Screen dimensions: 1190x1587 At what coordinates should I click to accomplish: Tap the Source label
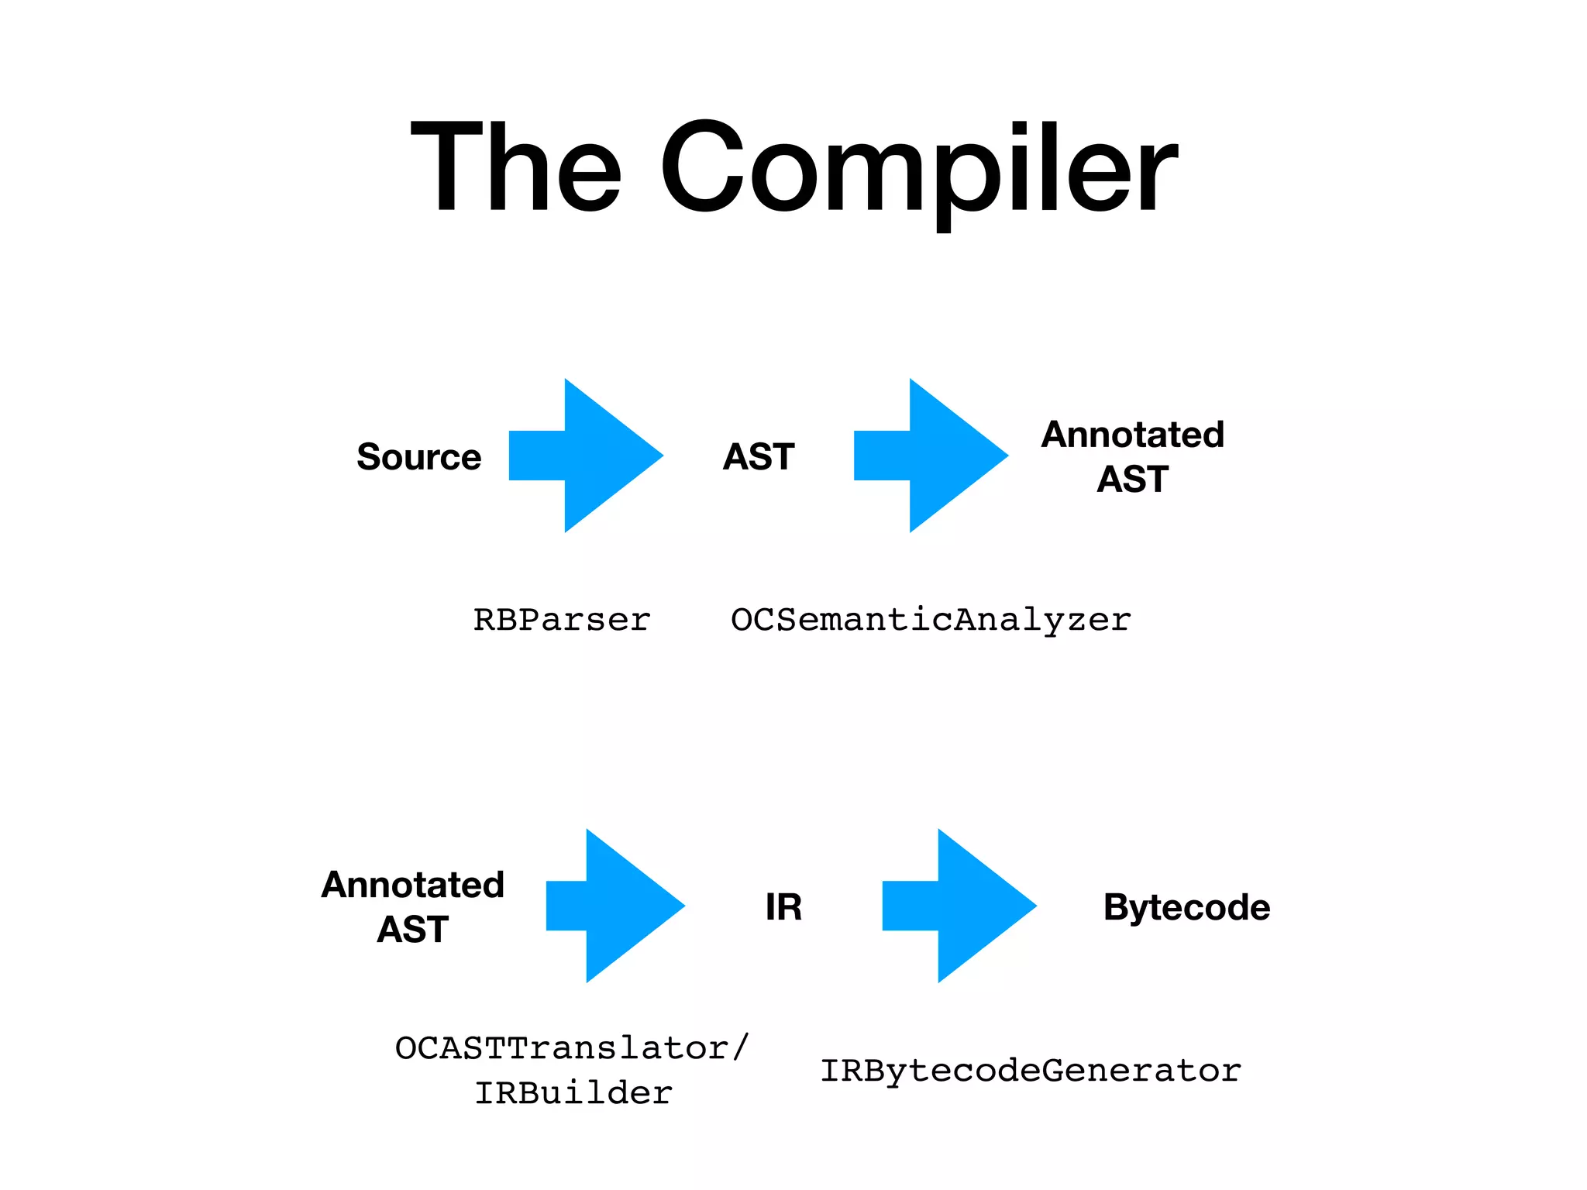pos(418,456)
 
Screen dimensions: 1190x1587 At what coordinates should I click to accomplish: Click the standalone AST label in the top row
pos(759,456)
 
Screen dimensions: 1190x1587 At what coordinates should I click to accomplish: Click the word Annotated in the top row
pos(1132,435)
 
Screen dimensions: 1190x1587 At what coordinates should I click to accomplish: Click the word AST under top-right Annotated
pos(1132,480)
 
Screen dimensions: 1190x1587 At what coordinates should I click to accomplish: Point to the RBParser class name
pos(562,620)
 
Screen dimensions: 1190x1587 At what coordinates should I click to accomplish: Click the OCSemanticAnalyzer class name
pos(931,620)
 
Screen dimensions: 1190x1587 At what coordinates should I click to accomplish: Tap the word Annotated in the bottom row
pos(413,885)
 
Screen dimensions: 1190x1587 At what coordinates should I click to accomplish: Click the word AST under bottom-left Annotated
pos(413,930)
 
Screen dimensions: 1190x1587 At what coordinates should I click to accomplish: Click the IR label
pos(783,906)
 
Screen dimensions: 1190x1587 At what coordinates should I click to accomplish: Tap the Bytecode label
pos(1186,907)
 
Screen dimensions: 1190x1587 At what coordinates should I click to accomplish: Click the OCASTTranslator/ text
pos(572,1048)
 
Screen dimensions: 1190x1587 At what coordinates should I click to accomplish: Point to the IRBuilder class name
pos(573,1093)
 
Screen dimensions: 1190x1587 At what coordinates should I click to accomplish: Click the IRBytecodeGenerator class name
pos(1031,1071)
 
